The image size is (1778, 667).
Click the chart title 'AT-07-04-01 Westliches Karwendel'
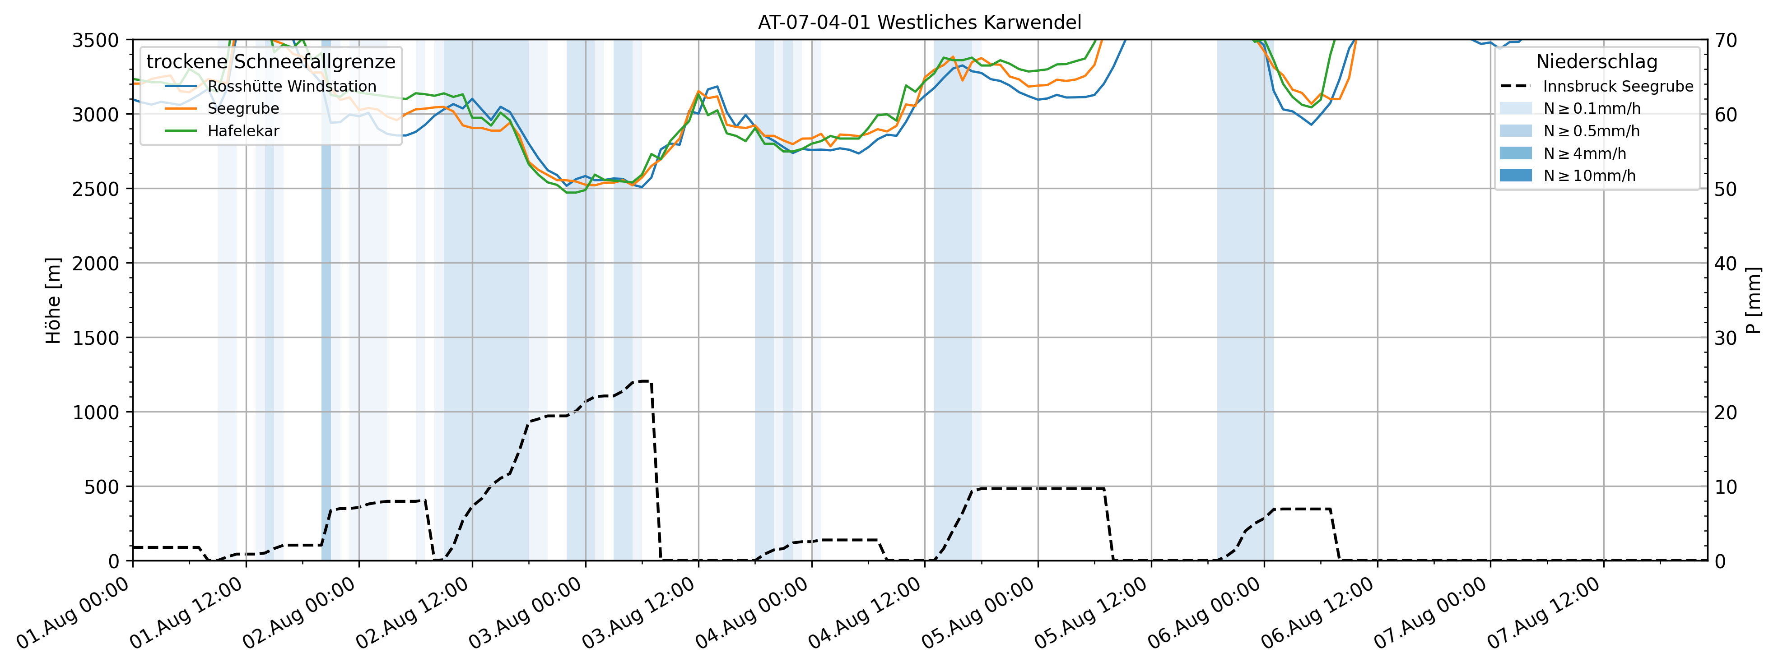click(x=919, y=22)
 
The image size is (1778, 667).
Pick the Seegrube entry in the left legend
click(x=243, y=108)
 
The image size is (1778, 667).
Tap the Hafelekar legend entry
click(x=243, y=131)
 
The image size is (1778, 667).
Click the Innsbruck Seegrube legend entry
click(x=1618, y=86)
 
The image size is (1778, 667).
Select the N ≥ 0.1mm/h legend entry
click(x=1592, y=108)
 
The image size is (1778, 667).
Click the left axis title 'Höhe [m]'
click(x=53, y=301)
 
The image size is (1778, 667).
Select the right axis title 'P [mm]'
click(x=1753, y=301)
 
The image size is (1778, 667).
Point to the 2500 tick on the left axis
click(x=95, y=189)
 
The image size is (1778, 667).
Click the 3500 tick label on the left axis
click(x=95, y=40)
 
